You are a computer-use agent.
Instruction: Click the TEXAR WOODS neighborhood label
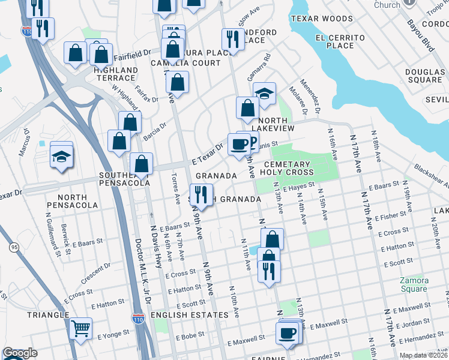322,19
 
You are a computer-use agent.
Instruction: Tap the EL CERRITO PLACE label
339,41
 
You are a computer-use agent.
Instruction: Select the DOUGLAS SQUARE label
423,76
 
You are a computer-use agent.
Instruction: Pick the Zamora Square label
414,284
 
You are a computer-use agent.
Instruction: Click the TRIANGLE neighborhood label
47,315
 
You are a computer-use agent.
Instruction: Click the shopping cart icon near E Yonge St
80,328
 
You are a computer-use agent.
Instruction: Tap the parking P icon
253,143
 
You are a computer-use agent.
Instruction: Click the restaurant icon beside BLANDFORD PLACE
232,40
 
